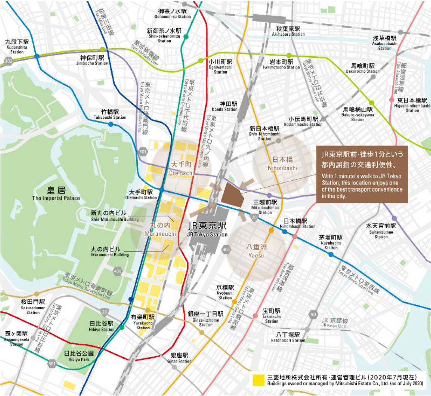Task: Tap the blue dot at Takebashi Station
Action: click(x=111, y=124)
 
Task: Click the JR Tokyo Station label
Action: click(x=207, y=228)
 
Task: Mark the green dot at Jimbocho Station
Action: click(x=103, y=49)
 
